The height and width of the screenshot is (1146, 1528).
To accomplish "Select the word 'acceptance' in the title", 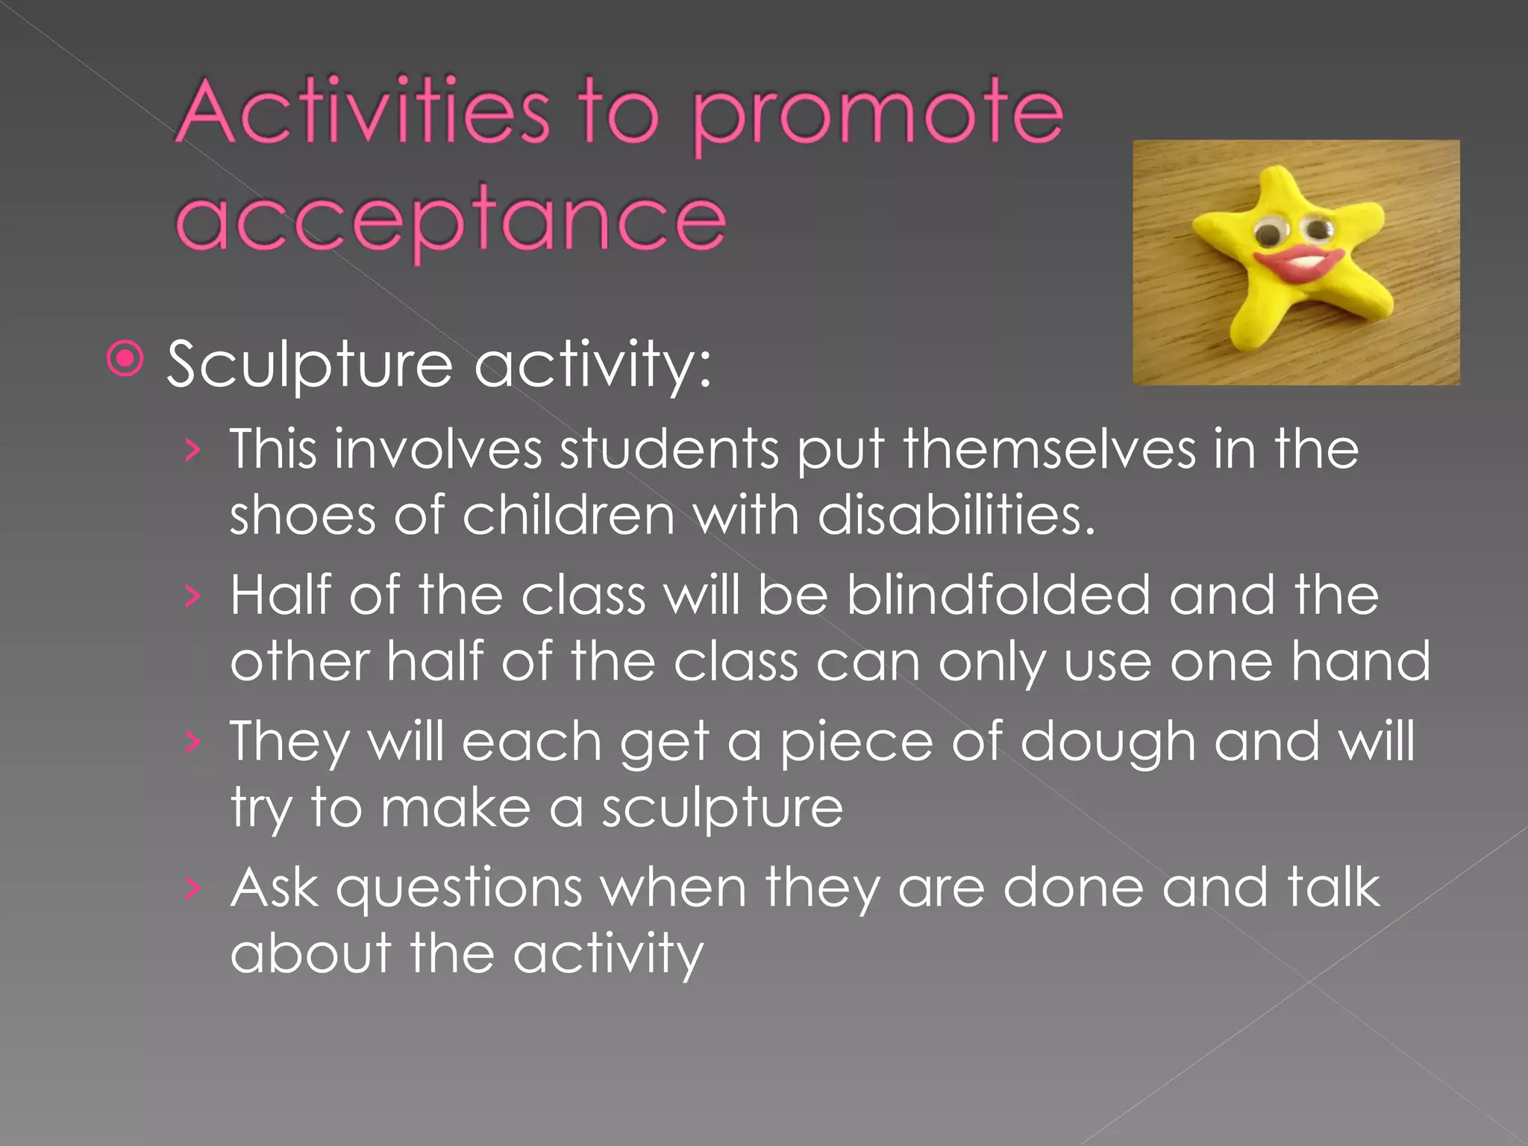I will pos(451,221).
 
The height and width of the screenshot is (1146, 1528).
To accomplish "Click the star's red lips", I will pos(1297,263).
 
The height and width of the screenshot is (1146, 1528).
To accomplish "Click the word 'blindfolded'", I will pos(998,595).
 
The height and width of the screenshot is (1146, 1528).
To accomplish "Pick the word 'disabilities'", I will pos(956,515).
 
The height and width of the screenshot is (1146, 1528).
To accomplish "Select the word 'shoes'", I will pos(302,515).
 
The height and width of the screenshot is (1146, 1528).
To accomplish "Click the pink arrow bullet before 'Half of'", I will pos(192,596).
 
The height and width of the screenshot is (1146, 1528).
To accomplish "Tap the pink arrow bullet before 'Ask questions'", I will pos(192,888).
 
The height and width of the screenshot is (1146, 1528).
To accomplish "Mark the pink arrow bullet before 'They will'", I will pos(192,742).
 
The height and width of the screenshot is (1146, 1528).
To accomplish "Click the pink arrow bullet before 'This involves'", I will pos(192,450).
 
